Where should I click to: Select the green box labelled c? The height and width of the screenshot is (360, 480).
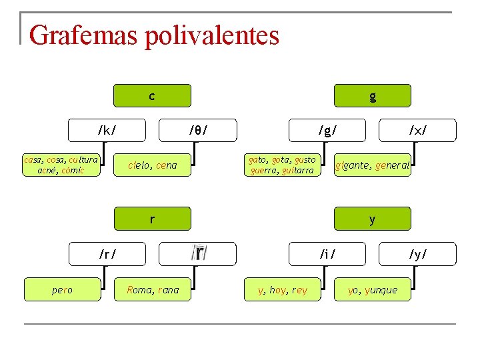pos(152,96)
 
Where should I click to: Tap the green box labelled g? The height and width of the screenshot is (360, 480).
pos(373,96)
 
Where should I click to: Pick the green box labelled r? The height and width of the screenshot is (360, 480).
pos(152,219)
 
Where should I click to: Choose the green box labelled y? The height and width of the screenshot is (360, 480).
pos(373,219)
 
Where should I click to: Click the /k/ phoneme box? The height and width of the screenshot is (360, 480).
pos(107,130)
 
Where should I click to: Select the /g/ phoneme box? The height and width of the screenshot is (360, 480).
pos(327,130)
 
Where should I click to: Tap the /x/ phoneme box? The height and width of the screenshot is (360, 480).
pos(418,130)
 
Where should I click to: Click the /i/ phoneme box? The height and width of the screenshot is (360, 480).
pos(327,254)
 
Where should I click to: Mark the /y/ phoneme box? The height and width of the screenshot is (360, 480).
pos(418,254)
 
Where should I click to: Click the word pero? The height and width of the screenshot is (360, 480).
pos(62,290)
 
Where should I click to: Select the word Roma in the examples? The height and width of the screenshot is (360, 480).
pos(140,290)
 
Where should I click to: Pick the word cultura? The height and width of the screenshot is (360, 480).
pos(83,160)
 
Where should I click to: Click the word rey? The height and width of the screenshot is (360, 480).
pos(300,290)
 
